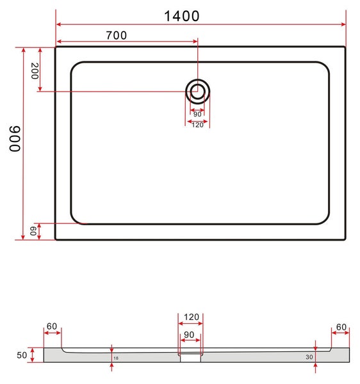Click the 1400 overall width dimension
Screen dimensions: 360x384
[x=181, y=17]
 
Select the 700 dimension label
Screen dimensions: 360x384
[x=117, y=35]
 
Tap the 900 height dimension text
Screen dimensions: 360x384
[x=15, y=139]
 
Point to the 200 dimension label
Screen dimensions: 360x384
[x=35, y=71]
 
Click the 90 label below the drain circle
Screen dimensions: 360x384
[x=197, y=115]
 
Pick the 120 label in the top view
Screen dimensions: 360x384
[x=197, y=125]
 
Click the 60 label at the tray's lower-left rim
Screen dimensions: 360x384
[x=33, y=231]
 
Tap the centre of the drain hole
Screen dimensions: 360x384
[x=197, y=92]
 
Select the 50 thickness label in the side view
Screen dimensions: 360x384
[x=22, y=355]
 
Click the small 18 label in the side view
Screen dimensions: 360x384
[x=116, y=358]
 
